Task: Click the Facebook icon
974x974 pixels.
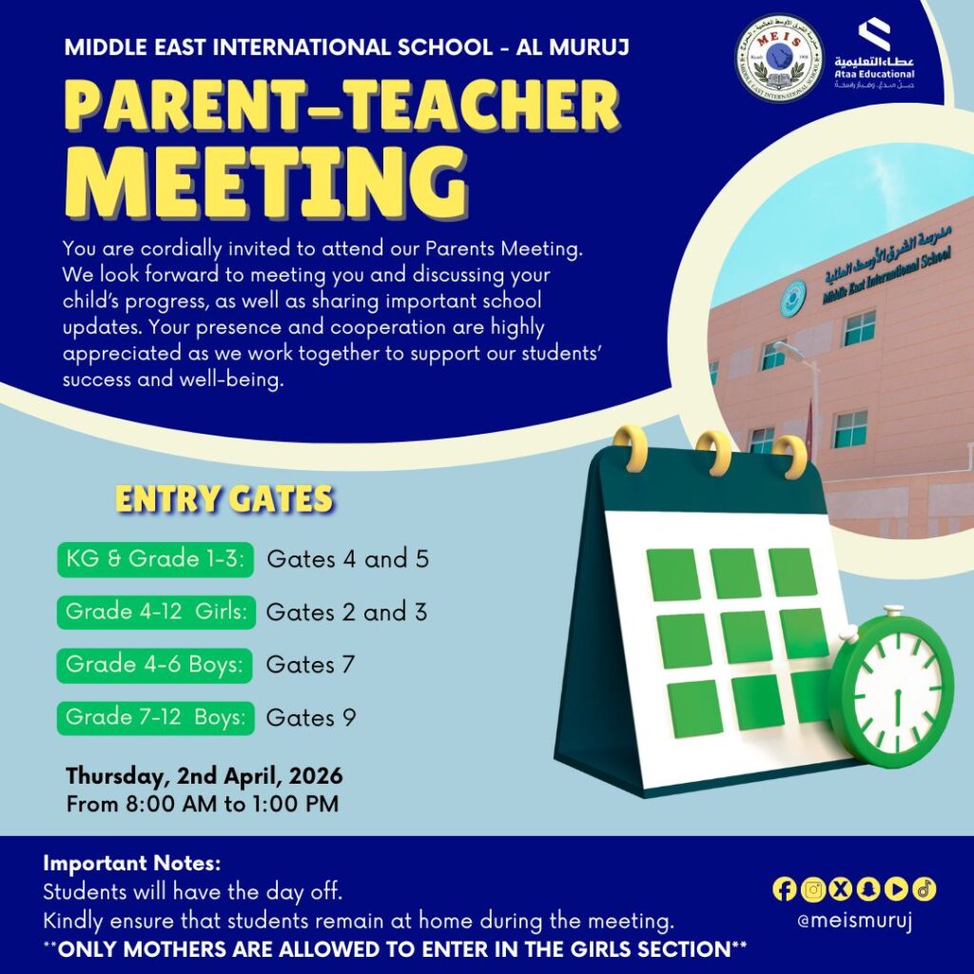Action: [785, 889]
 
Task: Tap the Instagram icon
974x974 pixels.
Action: [812, 889]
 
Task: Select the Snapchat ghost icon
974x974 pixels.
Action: [867, 889]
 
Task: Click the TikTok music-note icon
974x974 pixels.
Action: [924, 889]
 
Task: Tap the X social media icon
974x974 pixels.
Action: [840, 889]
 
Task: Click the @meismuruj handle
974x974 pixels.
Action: [853, 922]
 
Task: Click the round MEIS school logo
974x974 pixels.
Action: [779, 58]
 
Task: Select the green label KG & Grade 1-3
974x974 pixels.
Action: [156, 559]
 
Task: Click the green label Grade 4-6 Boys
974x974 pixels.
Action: [154, 664]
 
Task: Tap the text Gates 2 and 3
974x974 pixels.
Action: [346, 613]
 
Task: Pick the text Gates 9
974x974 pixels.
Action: [310, 717]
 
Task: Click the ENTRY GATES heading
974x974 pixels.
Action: [224, 499]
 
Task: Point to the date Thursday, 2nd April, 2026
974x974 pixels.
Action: [204, 775]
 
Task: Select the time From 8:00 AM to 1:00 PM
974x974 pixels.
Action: [202, 804]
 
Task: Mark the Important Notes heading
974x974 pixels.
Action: [132, 865]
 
